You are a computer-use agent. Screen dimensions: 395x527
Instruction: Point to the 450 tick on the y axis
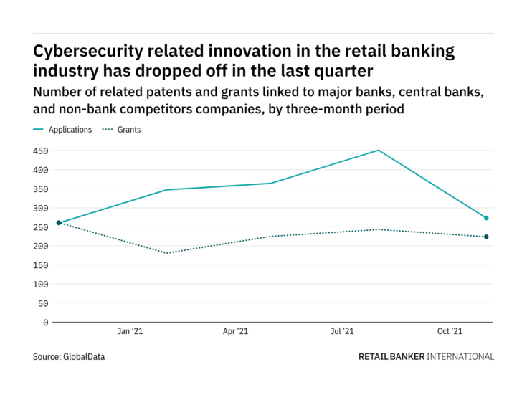tap(39, 151)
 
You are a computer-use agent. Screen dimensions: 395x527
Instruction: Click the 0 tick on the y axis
tap(45, 323)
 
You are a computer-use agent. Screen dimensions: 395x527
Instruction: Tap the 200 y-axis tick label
tap(39, 247)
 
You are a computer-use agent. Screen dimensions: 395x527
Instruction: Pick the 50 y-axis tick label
tap(42, 304)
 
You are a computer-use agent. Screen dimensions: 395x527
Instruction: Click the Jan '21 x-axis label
tap(130, 332)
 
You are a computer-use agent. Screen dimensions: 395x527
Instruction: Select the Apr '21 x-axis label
tap(236, 332)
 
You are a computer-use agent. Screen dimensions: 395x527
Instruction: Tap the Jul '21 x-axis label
tap(343, 332)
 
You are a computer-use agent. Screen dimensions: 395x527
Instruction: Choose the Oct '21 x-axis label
tap(450, 332)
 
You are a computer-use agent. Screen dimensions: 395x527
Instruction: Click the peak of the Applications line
tap(379, 151)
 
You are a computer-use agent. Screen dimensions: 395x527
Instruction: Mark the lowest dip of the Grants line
tap(166, 253)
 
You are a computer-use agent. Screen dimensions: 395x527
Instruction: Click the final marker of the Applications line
tap(486, 218)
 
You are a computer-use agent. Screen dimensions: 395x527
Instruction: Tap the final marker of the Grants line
tap(486, 237)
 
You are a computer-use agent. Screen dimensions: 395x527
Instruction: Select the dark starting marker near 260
tap(59, 223)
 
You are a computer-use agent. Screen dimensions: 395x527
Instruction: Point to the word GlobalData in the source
tap(84, 356)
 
